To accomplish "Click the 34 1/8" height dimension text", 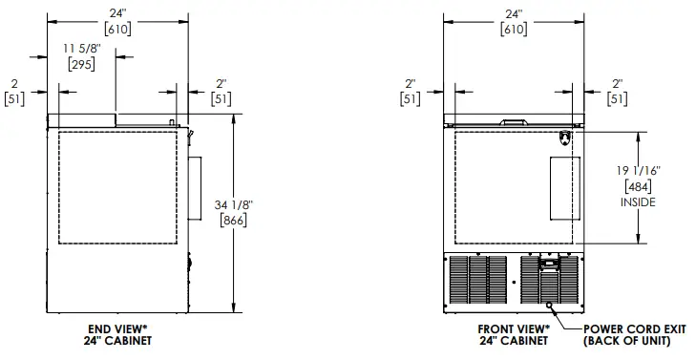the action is point(234,205).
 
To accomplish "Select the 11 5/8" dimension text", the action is point(82,49).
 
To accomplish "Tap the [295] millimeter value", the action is point(82,64).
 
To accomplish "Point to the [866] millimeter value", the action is point(234,221).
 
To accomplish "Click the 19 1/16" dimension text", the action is point(639,171).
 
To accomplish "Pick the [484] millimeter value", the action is point(639,186).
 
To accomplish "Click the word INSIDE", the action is point(638,202).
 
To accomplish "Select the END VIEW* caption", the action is point(117,328).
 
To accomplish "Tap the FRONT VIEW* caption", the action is point(514,328).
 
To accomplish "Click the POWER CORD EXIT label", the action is point(635,328).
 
